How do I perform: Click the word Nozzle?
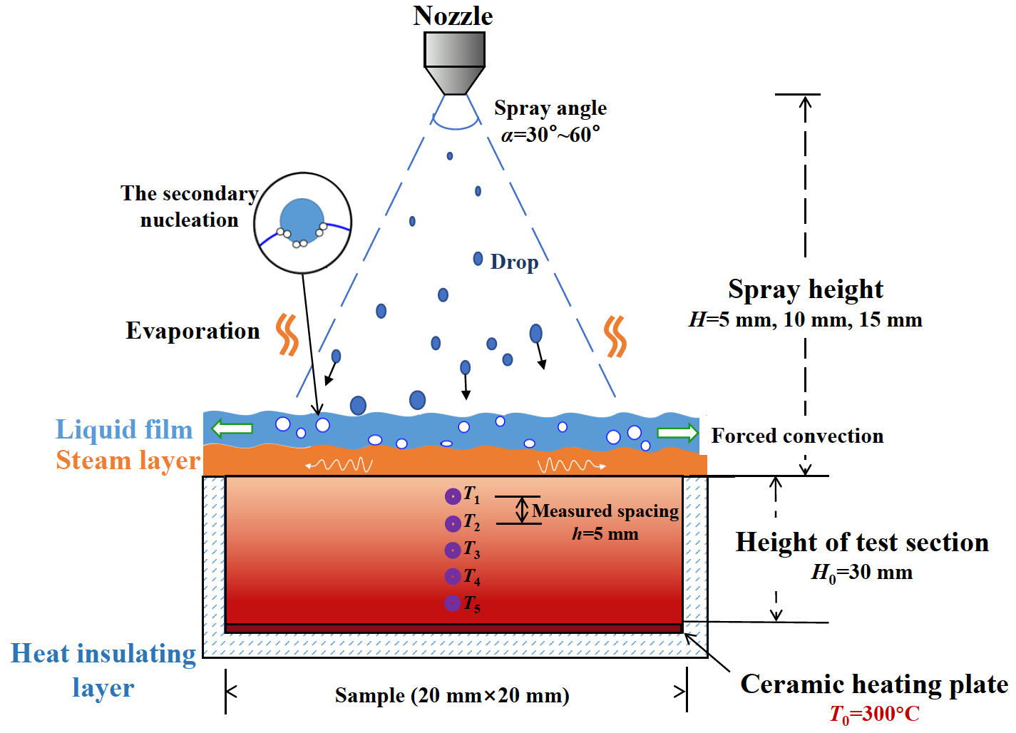coord(453,16)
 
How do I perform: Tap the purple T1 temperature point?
coord(453,496)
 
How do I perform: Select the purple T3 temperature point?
coord(453,550)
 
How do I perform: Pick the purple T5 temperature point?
coord(453,603)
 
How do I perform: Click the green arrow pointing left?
coord(232,428)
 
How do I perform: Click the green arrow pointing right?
coord(677,433)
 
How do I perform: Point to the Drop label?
coord(514,262)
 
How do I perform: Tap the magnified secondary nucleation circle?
coord(303,223)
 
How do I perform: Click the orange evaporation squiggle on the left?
coord(287,334)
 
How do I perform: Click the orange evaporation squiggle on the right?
coord(615,336)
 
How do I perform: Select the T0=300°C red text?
coord(874,714)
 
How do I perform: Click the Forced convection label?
coord(797,436)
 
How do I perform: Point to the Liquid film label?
coord(124,429)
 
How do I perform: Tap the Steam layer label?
coord(128,461)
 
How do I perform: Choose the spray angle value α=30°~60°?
coord(550,134)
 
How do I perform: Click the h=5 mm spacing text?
coord(605,534)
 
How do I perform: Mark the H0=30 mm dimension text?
coord(862,573)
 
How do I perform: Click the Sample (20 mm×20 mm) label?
coord(452,695)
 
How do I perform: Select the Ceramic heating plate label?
coord(874,684)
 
